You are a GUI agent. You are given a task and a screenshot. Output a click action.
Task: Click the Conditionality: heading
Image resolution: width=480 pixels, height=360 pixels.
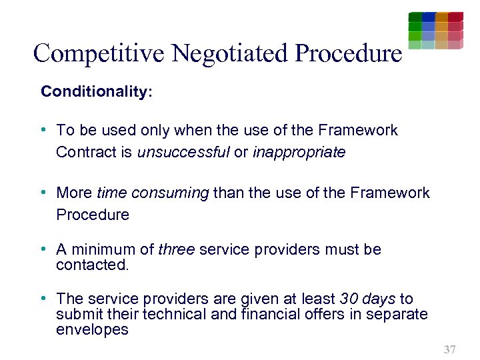[97, 91]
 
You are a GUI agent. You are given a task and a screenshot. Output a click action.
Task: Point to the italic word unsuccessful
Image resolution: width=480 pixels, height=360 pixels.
[183, 152]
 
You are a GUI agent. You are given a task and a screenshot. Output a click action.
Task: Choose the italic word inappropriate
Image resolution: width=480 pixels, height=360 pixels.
[299, 152]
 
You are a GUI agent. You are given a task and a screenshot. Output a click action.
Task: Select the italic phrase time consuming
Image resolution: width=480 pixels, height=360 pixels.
[153, 193]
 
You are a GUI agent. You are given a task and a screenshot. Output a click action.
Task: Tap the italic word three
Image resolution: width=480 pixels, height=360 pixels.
[177, 250]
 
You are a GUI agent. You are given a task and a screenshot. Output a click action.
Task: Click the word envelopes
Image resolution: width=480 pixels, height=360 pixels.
[92, 330]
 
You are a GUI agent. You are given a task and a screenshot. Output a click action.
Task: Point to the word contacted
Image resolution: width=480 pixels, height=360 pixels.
[92, 265]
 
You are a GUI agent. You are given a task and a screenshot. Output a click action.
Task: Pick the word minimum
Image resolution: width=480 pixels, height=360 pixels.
[103, 250]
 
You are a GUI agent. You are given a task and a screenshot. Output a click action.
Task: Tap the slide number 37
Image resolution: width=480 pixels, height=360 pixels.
[449, 349]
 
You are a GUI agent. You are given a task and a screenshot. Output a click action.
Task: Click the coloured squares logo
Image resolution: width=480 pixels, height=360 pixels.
[435, 30]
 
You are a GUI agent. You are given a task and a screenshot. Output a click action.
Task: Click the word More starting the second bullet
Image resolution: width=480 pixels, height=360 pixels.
[75, 193]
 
